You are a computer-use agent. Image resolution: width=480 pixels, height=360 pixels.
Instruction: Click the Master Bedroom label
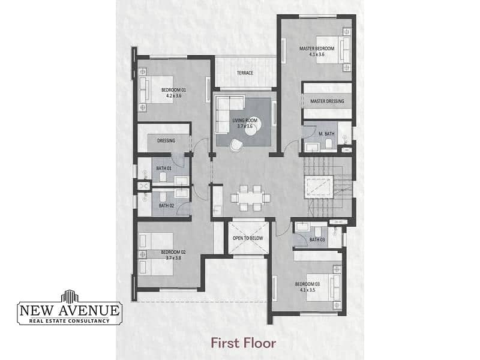(317, 49)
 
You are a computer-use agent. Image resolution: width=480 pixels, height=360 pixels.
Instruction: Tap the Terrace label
(245, 73)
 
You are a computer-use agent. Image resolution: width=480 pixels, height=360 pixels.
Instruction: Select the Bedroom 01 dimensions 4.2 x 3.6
(173, 95)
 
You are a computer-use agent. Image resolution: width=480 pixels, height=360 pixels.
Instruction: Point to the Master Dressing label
(327, 101)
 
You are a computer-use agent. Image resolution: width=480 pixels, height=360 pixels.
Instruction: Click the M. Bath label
(326, 134)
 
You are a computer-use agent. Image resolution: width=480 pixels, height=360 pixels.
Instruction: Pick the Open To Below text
(248, 238)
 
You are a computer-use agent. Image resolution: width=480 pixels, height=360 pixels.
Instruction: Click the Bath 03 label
(317, 239)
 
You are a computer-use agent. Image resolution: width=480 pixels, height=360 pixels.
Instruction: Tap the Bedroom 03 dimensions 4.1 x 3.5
(307, 290)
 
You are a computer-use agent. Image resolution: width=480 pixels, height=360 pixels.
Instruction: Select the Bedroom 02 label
(173, 252)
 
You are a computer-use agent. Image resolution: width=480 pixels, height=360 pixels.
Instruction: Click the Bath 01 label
(164, 169)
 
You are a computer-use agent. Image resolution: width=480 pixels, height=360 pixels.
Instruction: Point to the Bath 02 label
(166, 205)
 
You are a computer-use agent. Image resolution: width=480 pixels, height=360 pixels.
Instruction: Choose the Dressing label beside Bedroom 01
(166, 140)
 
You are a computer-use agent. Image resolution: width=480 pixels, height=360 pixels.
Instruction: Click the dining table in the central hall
(250, 198)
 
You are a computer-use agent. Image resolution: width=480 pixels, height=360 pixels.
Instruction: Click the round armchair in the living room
(236, 145)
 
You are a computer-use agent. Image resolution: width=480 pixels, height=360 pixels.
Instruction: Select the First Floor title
(244, 343)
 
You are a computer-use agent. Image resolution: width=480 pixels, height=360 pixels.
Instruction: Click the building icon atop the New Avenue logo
(70, 296)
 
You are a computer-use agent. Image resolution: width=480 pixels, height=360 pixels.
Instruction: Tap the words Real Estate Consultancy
(69, 321)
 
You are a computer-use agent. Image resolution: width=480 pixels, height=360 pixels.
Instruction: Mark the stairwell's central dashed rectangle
(319, 187)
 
